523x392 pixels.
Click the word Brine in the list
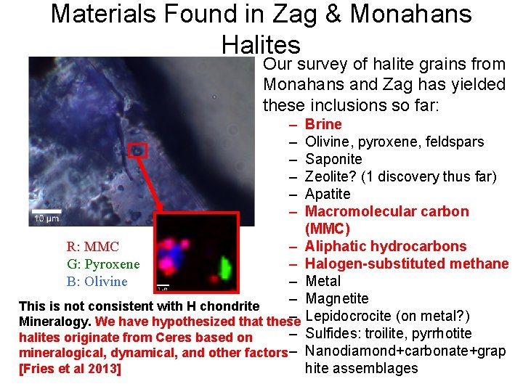[323, 124]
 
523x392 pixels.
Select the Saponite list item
[333, 159]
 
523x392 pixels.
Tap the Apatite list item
[328, 194]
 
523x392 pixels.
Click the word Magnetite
[336, 298]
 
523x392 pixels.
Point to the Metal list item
[323, 281]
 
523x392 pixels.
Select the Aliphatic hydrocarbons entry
[386, 246]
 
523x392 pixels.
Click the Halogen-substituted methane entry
[407, 264]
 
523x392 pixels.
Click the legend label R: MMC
[92, 247]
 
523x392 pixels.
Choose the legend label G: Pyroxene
[102, 264]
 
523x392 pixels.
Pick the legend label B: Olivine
[97, 282]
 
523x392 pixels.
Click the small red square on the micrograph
[137, 150]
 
